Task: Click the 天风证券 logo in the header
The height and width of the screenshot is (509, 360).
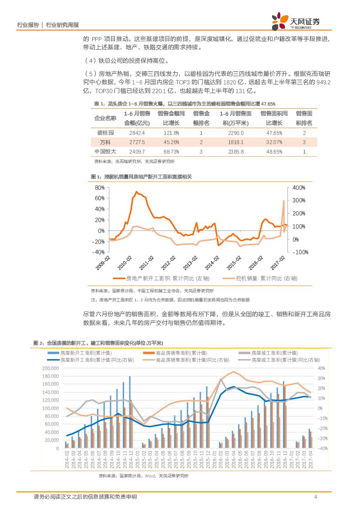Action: pyautogui.click(x=296, y=20)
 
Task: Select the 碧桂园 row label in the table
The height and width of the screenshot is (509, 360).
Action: pyautogui.click(x=105, y=133)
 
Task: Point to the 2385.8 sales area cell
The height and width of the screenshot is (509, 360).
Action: pyautogui.click(x=236, y=152)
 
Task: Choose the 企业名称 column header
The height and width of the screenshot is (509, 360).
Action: pyautogui.click(x=105, y=118)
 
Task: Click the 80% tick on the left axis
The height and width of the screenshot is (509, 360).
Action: pyautogui.click(x=100, y=188)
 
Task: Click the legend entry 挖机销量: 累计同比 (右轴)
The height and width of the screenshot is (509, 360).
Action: pyautogui.click(x=266, y=277)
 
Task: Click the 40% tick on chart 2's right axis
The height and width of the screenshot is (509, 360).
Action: pyautogui.click(x=322, y=368)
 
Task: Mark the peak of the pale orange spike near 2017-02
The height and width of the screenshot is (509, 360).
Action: pyautogui.click(x=284, y=201)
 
